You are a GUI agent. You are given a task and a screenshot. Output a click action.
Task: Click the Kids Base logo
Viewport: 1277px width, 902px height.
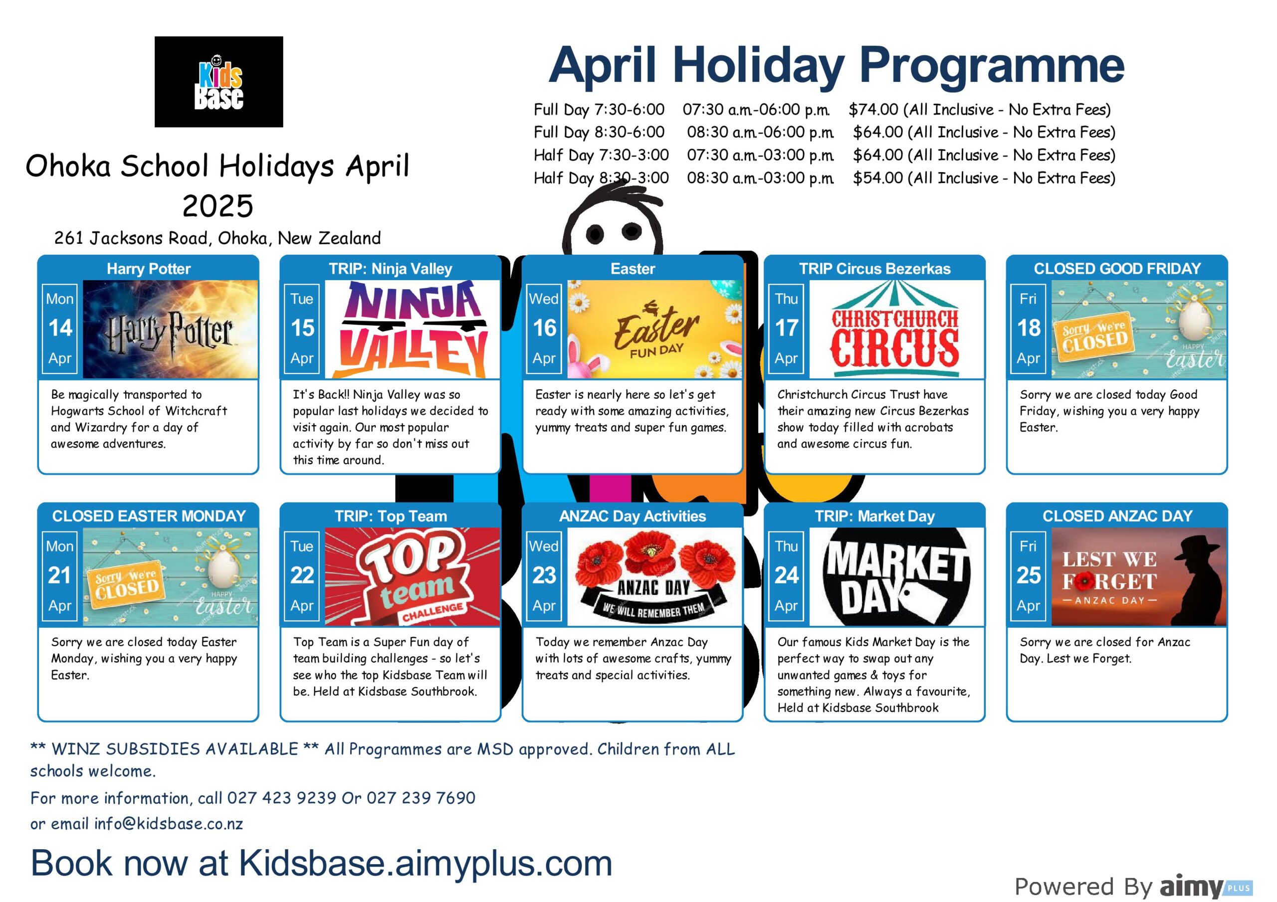pos(218,82)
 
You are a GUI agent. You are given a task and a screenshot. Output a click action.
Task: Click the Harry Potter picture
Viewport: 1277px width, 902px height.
pos(170,329)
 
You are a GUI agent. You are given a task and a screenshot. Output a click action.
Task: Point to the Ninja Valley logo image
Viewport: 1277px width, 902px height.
pos(412,329)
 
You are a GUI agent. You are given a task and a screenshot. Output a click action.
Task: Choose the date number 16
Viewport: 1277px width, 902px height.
pos(545,328)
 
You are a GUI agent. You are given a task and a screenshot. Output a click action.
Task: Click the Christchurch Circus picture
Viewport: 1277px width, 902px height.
pos(896,329)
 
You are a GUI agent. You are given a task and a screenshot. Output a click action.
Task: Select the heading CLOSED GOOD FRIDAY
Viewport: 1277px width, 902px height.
pos(1117,269)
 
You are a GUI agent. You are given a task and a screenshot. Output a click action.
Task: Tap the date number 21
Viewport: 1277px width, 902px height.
pos(60,575)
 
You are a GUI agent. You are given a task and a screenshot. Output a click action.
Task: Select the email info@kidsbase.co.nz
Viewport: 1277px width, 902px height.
pos(169,824)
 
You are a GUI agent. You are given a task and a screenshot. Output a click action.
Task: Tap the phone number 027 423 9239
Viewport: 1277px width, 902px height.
pos(281,798)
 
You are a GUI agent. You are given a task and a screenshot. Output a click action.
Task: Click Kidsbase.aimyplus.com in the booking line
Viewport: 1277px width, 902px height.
pos(426,863)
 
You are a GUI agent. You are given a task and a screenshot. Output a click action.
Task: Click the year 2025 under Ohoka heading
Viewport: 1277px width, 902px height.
pos(218,206)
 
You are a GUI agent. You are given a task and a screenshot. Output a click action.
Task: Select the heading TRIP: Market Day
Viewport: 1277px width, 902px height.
pos(875,516)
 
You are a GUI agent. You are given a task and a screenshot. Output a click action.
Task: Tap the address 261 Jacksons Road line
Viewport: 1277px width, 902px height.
pos(217,238)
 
